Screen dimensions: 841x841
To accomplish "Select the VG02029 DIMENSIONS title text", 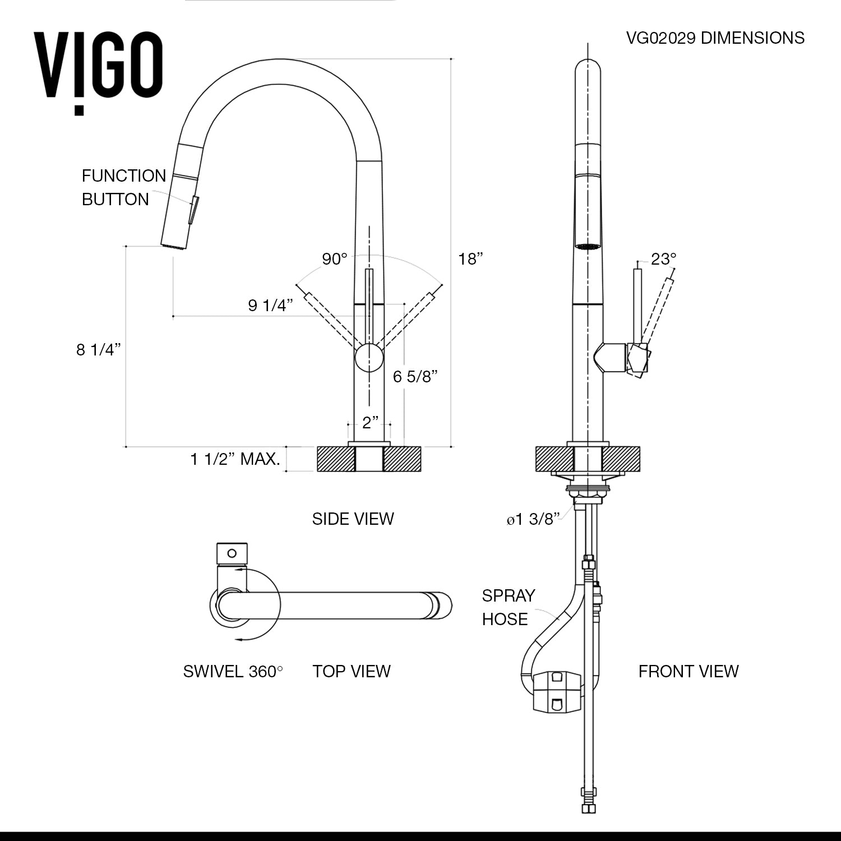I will pyautogui.click(x=715, y=38).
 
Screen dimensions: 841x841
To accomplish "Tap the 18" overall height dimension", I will pyautogui.click(x=470, y=259).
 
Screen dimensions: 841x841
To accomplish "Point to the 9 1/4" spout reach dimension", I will pyautogui.click(x=270, y=306).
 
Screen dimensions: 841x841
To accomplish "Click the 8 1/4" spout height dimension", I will pyautogui.click(x=99, y=350).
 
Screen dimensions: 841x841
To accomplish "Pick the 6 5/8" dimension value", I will pyautogui.click(x=415, y=376).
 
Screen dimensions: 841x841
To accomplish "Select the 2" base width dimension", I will pyautogui.click(x=370, y=422).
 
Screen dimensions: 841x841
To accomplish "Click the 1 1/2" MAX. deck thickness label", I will pyautogui.click(x=235, y=459).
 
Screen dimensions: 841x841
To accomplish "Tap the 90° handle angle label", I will pyautogui.click(x=335, y=259).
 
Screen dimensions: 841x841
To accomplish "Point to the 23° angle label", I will pyautogui.click(x=664, y=259).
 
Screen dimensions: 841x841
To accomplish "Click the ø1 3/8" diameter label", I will pyautogui.click(x=533, y=520).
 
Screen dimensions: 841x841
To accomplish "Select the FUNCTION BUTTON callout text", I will pyautogui.click(x=123, y=187).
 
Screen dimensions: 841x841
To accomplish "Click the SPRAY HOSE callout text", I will pyautogui.click(x=508, y=607).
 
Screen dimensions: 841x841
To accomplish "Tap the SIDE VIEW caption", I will pyautogui.click(x=353, y=519).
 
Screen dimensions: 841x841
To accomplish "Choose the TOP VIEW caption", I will pyautogui.click(x=351, y=671).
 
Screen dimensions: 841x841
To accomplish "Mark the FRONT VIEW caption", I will pyautogui.click(x=688, y=671).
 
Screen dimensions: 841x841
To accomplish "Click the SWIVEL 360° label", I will pyautogui.click(x=233, y=671).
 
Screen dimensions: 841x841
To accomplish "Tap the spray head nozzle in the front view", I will pyautogui.click(x=588, y=246).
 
